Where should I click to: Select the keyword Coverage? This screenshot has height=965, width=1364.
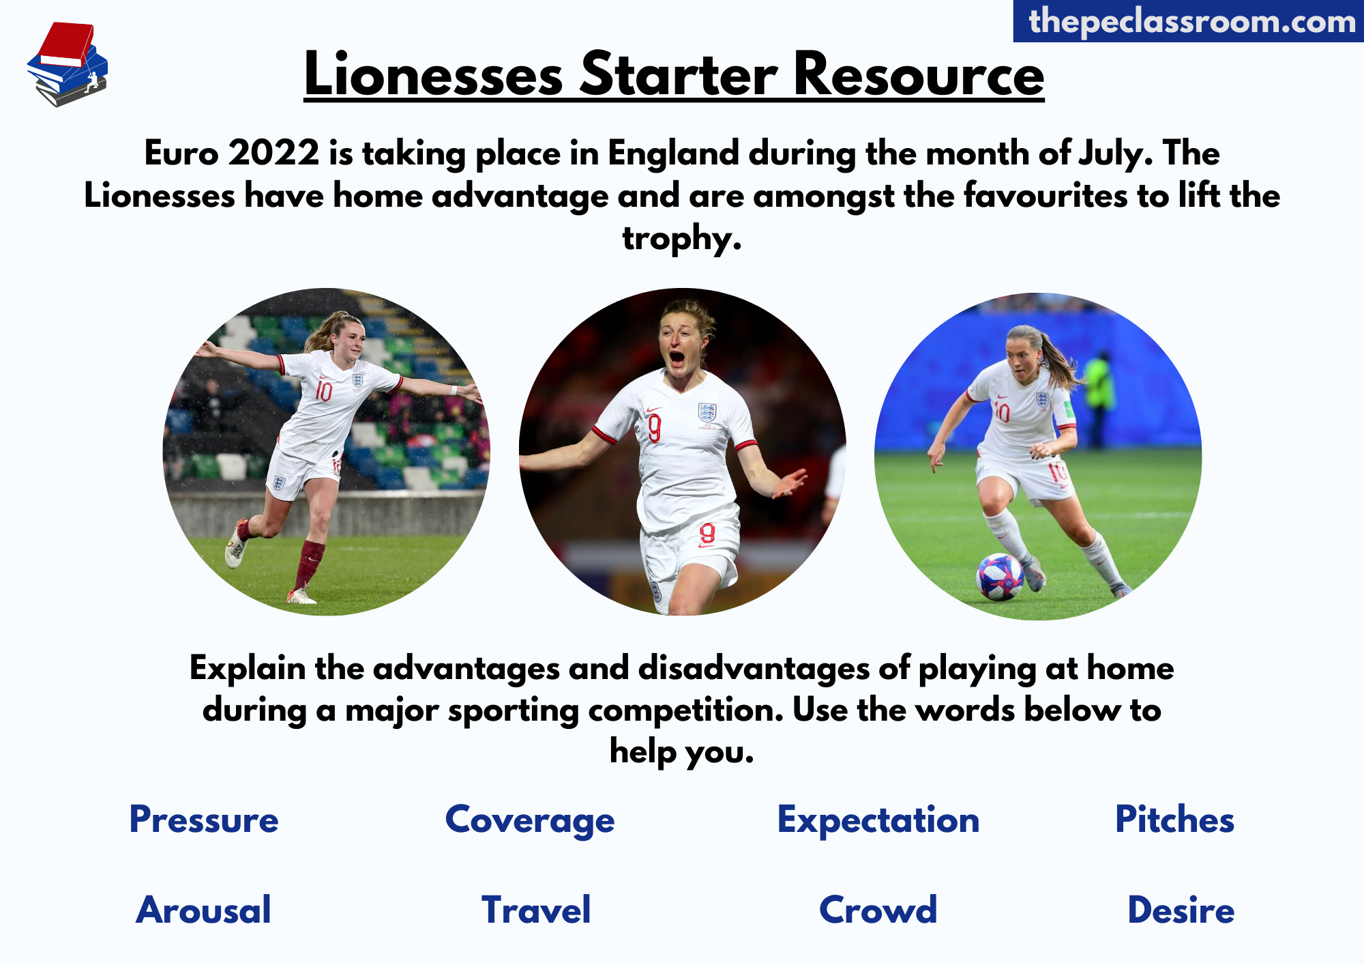[530, 821]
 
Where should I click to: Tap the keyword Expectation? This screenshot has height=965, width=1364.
[878, 821]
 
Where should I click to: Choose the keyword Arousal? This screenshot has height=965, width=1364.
[203, 910]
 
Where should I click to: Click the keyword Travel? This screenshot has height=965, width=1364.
[536, 910]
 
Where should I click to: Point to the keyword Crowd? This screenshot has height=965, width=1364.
[878, 910]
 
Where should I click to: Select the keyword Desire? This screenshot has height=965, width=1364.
[1181, 910]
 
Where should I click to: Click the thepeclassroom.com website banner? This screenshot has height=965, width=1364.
[1189, 21]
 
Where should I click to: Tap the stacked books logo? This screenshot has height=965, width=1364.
[68, 64]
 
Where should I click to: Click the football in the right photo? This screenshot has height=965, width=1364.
[1000, 577]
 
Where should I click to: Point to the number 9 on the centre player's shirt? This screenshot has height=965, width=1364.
[654, 429]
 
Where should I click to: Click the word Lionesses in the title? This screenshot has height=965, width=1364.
[434, 74]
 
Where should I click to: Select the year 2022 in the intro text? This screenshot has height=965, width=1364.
[273, 152]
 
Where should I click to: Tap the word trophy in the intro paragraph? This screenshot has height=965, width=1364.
[682, 238]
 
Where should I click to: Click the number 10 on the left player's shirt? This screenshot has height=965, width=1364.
[323, 391]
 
